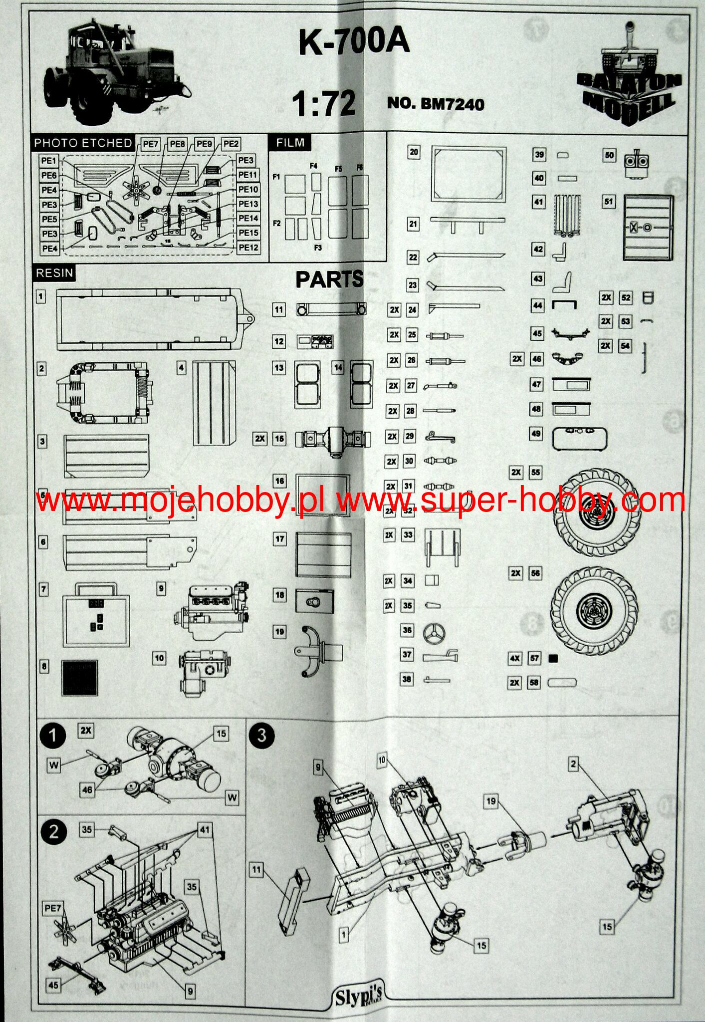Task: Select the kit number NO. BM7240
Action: click(x=436, y=104)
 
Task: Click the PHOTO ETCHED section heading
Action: click(x=83, y=143)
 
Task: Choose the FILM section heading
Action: click(x=290, y=143)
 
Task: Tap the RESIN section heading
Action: click(x=54, y=273)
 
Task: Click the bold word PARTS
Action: click(x=329, y=280)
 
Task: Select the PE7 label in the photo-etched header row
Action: click(x=150, y=144)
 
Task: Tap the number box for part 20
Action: click(x=414, y=152)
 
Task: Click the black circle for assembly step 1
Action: click(x=53, y=736)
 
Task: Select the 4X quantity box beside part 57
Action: click(x=515, y=659)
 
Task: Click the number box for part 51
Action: click(x=609, y=202)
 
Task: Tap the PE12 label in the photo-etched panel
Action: click(x=248, y=248)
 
